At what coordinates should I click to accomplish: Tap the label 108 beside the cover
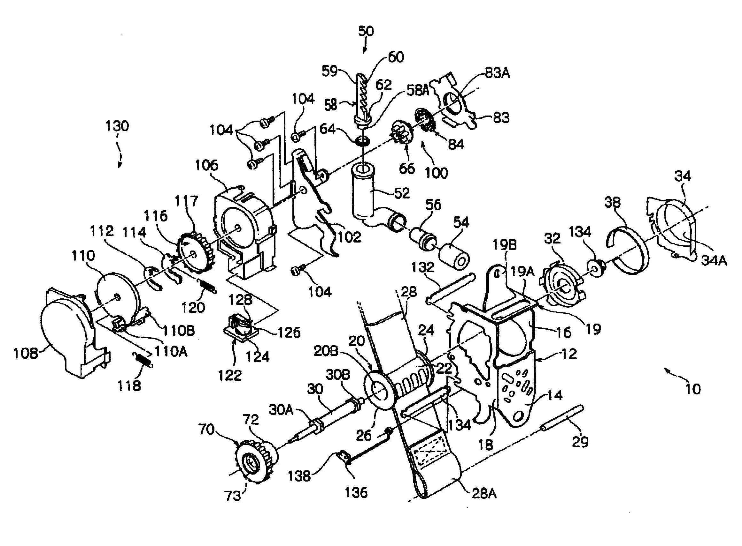point(26,354)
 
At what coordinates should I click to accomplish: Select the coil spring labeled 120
point(207,285)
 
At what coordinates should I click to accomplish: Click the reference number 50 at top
point(366,31)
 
